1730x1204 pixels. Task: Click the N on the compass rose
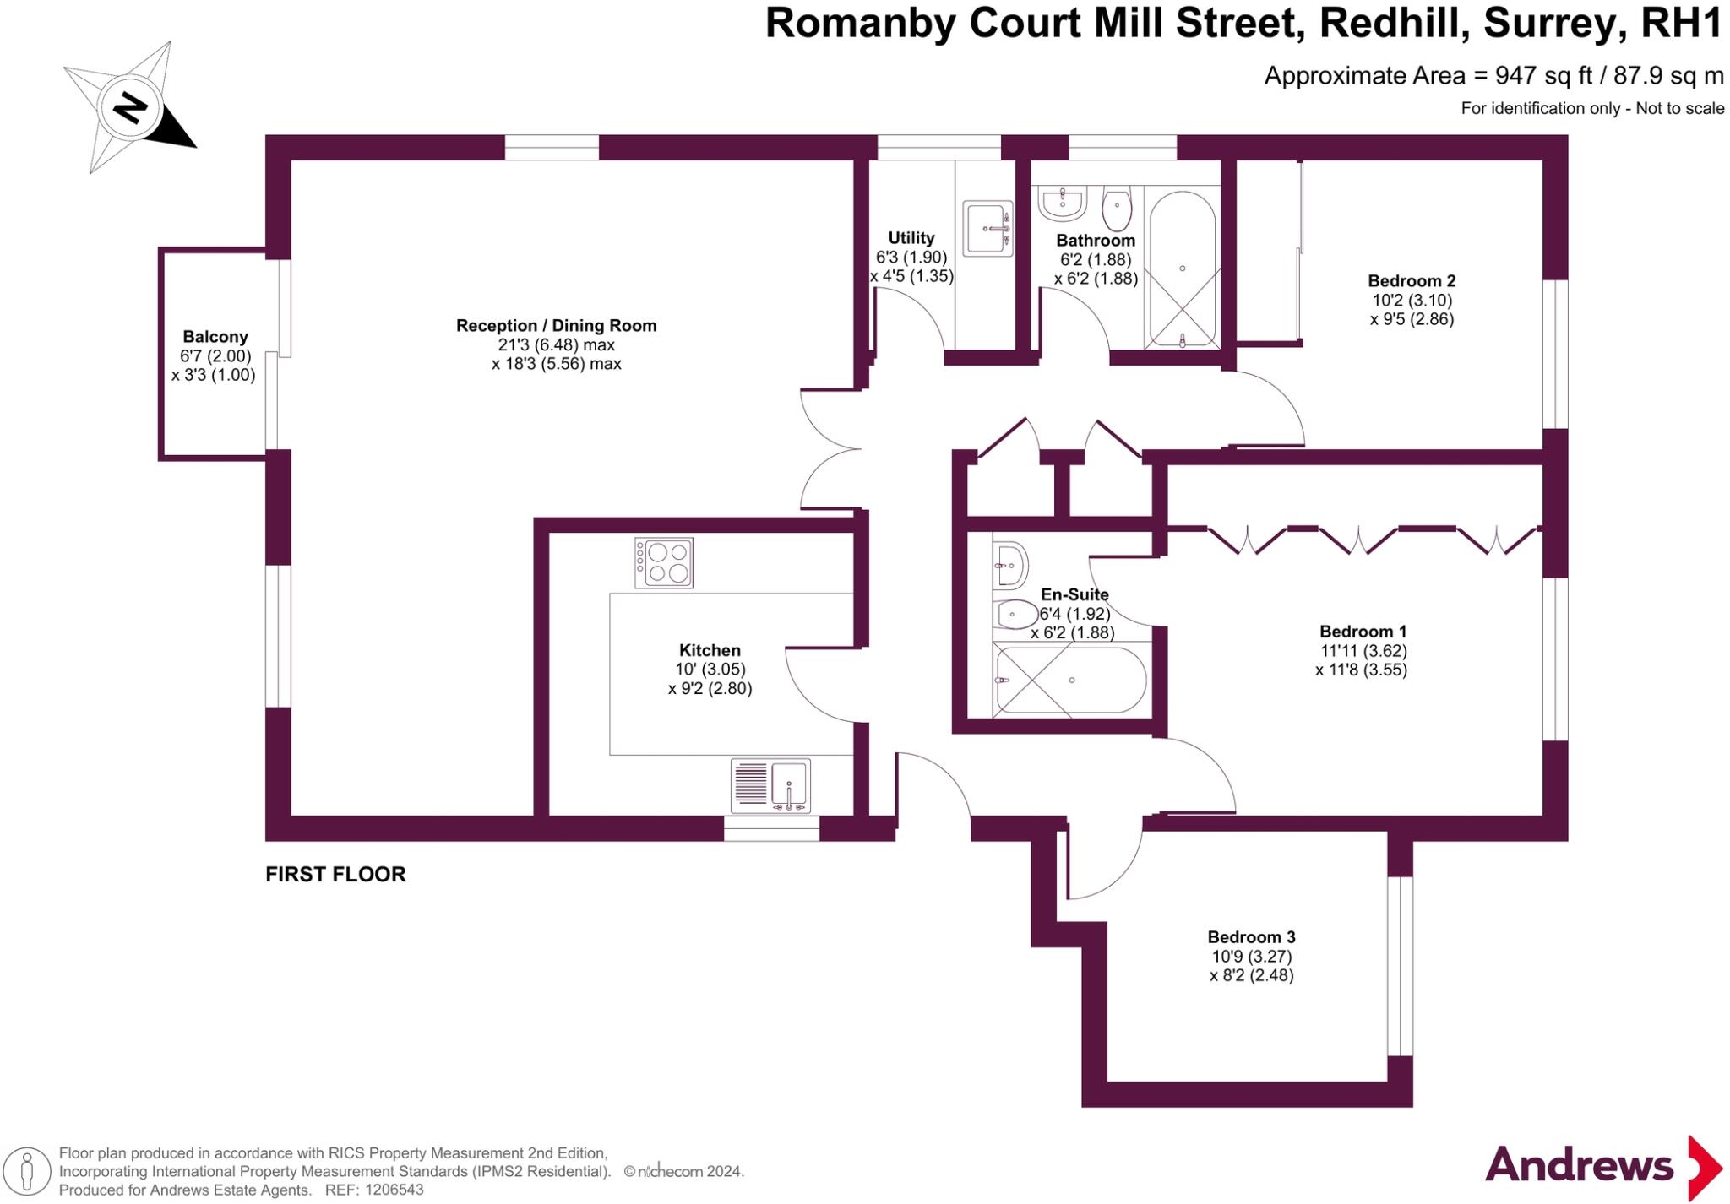pos(130,108)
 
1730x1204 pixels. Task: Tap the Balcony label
pos(215,337)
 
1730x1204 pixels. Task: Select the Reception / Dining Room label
pos(556,326)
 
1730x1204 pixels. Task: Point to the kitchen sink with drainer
pos(770,785)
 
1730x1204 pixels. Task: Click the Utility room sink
pos(987,228)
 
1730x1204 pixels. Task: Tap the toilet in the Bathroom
pos(1117,209)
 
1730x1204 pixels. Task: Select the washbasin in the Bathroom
pos(1063,203)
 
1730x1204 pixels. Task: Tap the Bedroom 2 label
pos(1412,281)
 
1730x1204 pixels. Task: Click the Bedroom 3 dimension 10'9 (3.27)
pos(1251,957)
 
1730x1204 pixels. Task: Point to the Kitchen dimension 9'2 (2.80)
pos(710,688)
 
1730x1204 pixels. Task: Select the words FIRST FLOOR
pos(335,875)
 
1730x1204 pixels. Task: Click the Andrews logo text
pos(1578,1166)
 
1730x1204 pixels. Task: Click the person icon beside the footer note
pos(27,1172)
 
